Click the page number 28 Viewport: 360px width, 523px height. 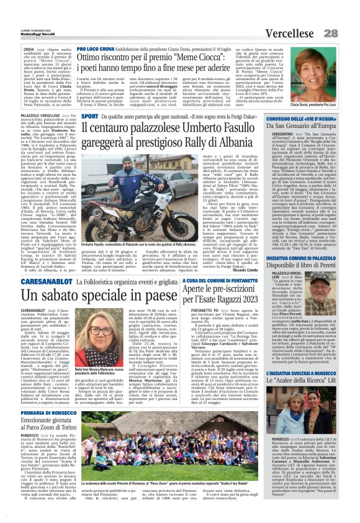click(x=348, y=16)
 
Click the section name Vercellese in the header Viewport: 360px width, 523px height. click(x=305, y=16)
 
